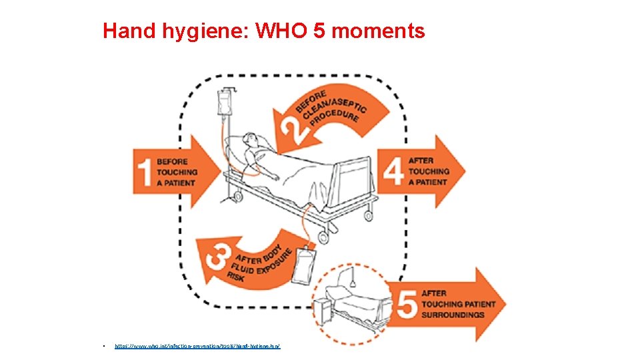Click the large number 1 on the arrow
144,172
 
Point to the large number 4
393,171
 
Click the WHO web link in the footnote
197,347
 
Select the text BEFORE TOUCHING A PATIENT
177,172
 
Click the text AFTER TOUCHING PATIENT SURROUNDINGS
458,304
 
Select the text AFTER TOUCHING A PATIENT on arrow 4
429,171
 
